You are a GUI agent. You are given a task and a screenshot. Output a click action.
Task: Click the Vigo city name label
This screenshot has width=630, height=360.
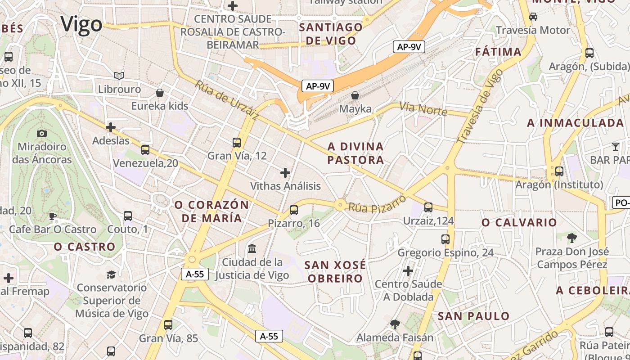point(81,24)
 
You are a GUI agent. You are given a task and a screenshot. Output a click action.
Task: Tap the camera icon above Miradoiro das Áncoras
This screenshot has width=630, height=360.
point(42,133)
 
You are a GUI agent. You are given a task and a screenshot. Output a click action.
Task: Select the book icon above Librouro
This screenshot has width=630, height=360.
point(119,76)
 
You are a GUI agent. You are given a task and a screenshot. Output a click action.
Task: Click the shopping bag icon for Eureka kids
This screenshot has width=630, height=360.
point(160,93)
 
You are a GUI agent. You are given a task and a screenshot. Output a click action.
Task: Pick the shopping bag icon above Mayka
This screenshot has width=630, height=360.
point(355,95)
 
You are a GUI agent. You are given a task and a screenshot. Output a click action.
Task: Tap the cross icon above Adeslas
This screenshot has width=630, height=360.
point(111,127)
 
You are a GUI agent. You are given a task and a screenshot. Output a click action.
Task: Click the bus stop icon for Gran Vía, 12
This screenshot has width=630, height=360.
point(237,143)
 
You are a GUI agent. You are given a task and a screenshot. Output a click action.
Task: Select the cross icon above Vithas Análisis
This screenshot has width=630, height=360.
point(285,172)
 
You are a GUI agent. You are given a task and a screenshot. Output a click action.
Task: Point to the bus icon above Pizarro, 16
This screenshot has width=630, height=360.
point(294,210)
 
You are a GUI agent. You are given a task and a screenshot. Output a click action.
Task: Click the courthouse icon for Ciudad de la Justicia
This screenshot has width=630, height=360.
point(252,248)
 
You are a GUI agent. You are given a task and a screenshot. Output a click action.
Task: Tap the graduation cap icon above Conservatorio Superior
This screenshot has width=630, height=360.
point(111,274)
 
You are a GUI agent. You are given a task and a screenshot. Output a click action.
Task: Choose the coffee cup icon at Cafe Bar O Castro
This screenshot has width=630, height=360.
point(53,216)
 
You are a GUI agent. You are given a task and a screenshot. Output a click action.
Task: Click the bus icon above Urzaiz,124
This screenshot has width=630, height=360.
point(428,207)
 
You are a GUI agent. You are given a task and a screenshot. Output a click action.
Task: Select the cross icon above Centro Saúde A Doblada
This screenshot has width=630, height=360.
point(408,271)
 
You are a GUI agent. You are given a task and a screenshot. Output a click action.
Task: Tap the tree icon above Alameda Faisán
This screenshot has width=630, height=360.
point(395,324)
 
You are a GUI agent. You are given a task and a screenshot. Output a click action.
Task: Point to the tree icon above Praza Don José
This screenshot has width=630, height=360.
point(572,238)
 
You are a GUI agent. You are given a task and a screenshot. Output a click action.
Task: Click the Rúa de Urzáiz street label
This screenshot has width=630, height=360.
point(227,100)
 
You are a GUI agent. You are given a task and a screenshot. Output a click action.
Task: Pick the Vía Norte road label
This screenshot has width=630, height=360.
point(423,108)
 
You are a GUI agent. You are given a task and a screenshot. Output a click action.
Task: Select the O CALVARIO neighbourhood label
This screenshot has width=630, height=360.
point(519,222)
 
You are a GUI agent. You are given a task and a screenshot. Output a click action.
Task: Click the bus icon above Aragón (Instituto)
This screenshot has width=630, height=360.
point(559,171)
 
